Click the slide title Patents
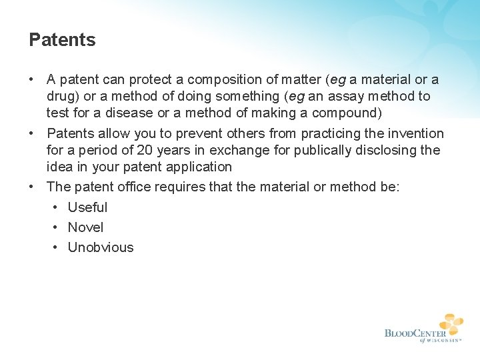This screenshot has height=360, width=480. [x=62, y=40]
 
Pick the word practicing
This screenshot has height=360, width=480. [x=323, y=133]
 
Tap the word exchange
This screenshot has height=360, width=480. [x=233, y=150]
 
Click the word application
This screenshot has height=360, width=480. [x=195, y=167]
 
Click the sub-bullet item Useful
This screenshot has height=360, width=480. [x=87, y=207]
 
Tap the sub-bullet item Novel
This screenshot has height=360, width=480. [x=85, y=227]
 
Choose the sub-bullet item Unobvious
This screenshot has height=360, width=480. [x=101, y=247]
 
